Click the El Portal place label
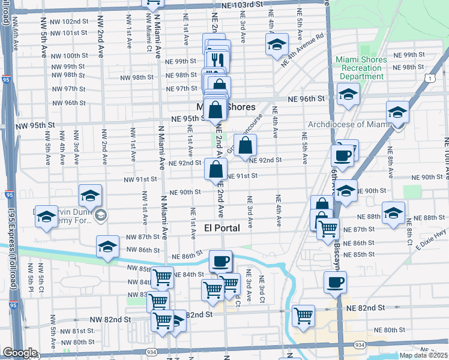pyautogui.click(x=222, y=228)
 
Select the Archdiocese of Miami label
pyautogui.click(x=348, y=124)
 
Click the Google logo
pyautogui.click(x=20, y=353)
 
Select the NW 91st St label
pyautogui.click(x=140, y=179)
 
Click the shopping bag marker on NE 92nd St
pyautogui.click(x=246, y=145)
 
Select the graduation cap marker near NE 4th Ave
pyautogui.click(x=277, y=45)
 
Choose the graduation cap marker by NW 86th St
pyautogui.click(x=107, y=247)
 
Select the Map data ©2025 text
pyautogui.click(x=424, y=355)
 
